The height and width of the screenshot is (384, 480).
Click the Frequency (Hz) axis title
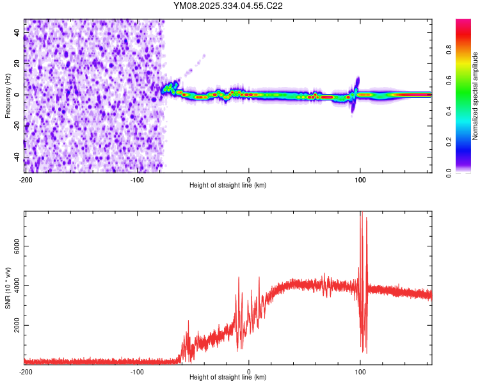click(7, 96)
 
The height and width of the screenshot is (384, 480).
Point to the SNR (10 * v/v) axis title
click(7, 287)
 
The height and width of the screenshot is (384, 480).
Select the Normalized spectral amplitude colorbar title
click(475, 96)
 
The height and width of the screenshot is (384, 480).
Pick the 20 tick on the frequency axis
click(17, 63)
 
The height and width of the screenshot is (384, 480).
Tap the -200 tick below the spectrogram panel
click(26, 179)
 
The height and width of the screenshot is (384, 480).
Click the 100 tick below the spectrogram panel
click(360, 179)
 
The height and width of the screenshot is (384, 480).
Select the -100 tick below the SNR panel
click(137, 371)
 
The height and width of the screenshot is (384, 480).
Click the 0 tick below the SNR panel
click(249, 371)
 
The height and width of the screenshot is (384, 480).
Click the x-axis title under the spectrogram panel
click(228, 186)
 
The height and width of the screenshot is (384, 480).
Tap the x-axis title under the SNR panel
click(228, 378)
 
